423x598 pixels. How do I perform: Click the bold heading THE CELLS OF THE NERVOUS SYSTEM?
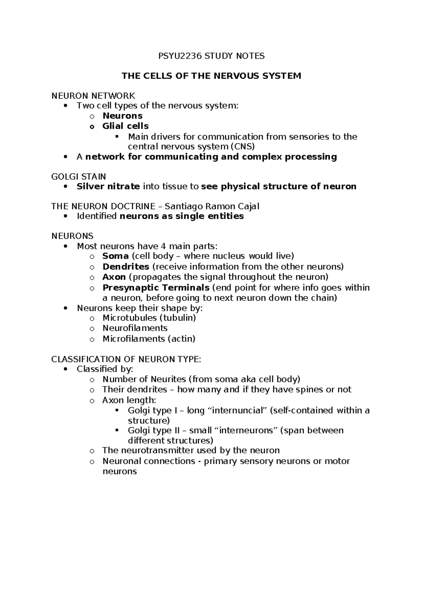211,76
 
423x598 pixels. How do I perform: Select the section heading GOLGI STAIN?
79,176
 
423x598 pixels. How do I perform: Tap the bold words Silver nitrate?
108,187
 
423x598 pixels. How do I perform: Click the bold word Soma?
115,256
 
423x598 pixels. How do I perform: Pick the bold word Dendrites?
126,267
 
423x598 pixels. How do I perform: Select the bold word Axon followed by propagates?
114,277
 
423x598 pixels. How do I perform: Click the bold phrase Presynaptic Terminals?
156,288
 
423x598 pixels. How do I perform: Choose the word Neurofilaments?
135,328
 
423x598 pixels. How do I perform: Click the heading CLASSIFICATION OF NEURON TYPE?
126,359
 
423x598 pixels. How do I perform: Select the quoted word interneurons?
245,431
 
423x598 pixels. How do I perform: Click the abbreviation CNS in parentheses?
243,146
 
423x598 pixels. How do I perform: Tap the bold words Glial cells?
125,126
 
